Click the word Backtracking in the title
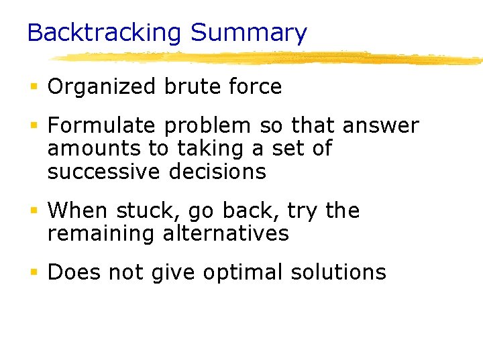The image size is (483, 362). pyautogui.click(x=105, y=33)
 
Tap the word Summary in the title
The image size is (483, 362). pyautogui.click(x=248, y=33)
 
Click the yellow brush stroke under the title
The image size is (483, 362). pyautogui.click(x=268, y=58)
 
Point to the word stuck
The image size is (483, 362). pyautogui.click(x=142, y=211)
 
